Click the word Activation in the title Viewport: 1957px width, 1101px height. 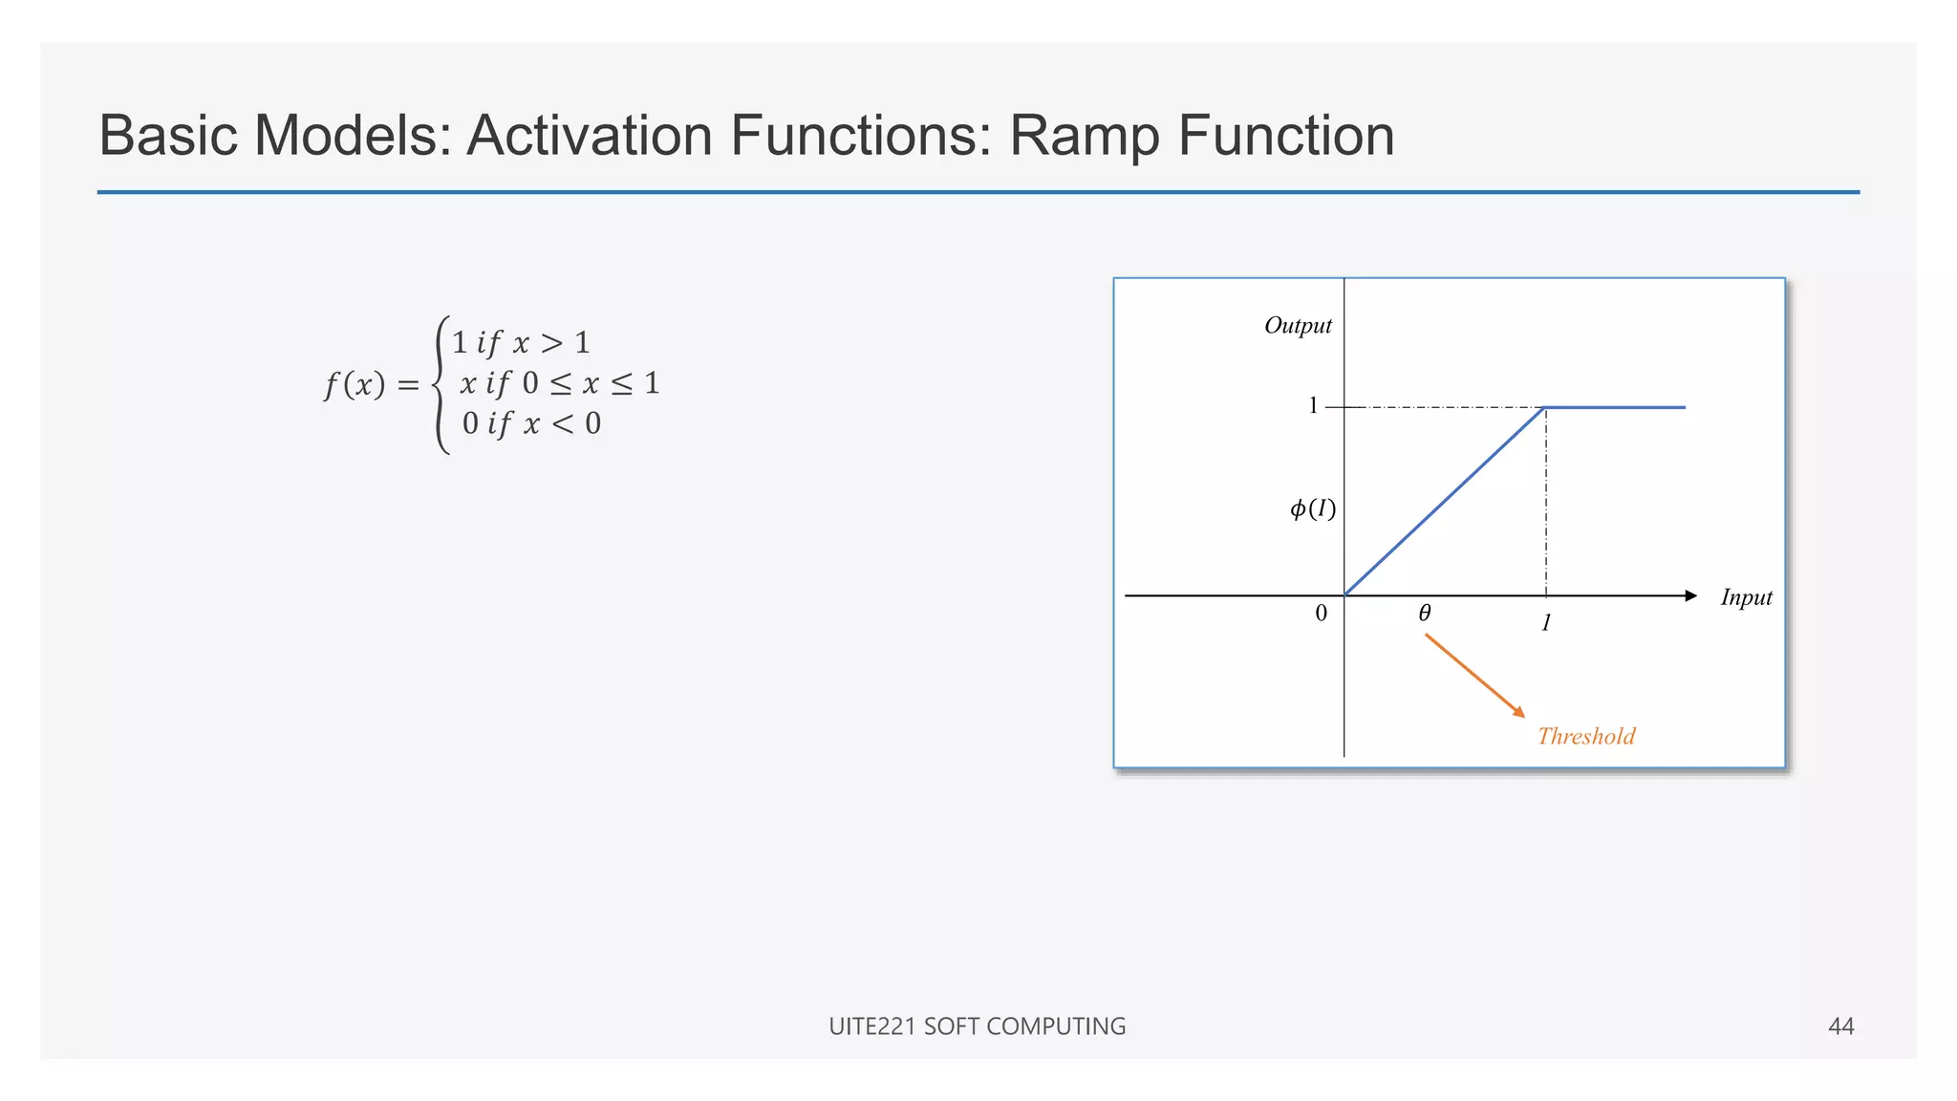[x=590, y=136]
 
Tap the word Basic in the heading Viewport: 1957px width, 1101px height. [x=168, y=136]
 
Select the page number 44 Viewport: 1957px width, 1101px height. [x=1840, y=1026]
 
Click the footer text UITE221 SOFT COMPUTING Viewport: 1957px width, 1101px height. [x=977, y=1026]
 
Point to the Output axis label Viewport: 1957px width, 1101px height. [x=1297, y=326]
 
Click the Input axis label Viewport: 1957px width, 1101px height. [x=1746, y=597]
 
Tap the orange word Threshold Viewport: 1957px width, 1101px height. [x=1586, y=736]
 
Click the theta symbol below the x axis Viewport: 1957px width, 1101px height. [x=1424, y=614]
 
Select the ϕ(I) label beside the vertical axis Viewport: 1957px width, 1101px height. [x=1313, y=508]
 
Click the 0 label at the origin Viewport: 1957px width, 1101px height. [x=1321, y=614]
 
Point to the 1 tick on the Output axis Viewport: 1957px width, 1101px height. [x=1313, y=406]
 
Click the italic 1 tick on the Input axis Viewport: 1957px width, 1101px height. [x=1546, y=623]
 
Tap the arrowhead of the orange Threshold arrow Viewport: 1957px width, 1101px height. [x=1519, y=711]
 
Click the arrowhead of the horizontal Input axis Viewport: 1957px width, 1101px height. [x=1690, y=596]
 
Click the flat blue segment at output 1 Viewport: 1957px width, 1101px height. [x=1615, y=408]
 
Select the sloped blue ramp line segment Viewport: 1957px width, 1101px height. [x=1445, y=502]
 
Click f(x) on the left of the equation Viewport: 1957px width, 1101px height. [x=355, y=385]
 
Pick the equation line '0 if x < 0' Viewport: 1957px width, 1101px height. [x=531, y=423]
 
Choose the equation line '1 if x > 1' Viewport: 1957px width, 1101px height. [x=521, y=343]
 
